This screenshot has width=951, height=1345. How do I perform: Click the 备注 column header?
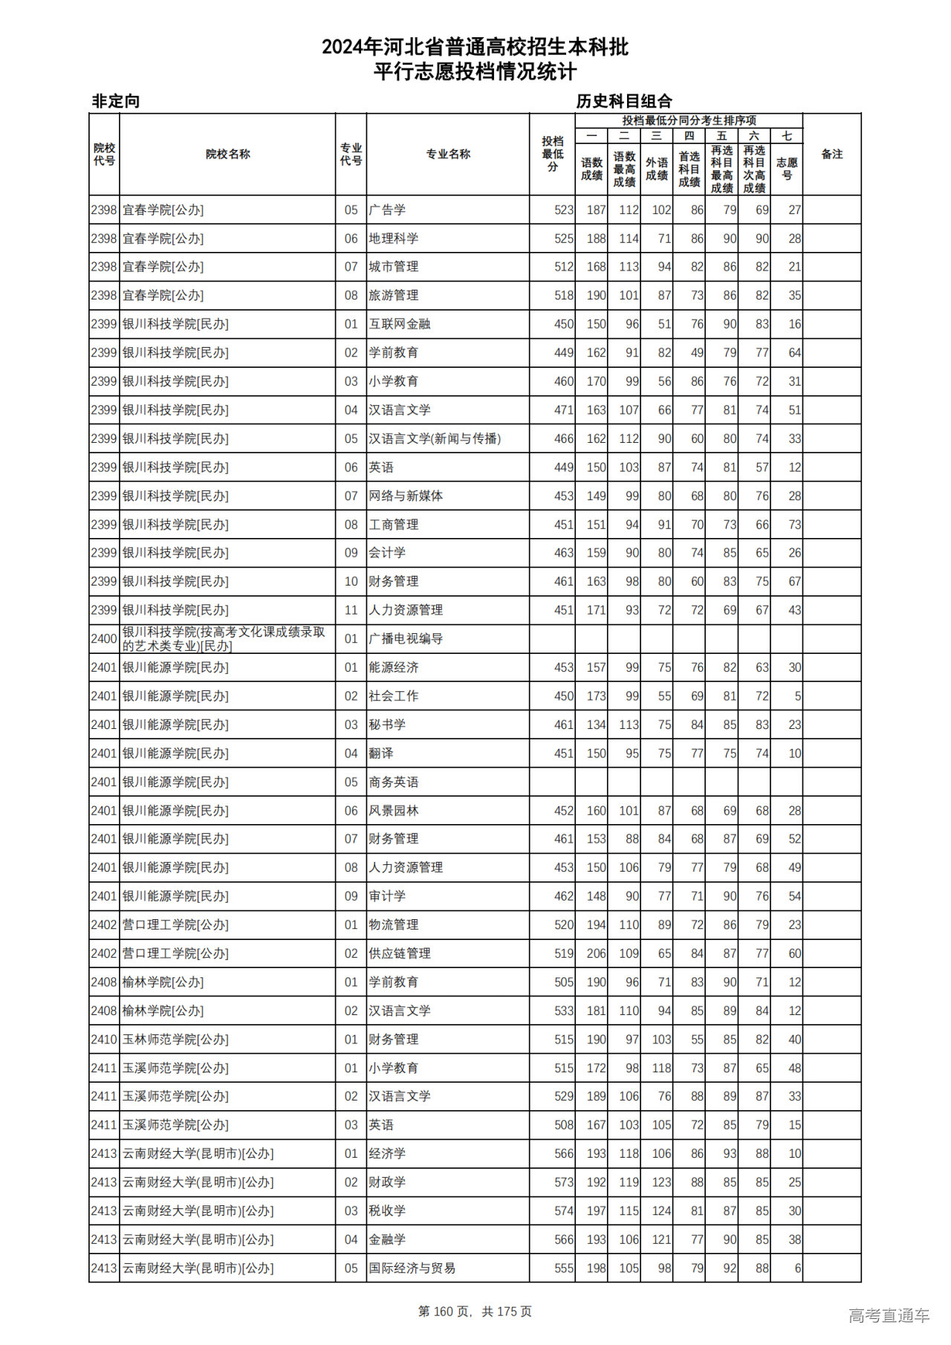click(831, 154)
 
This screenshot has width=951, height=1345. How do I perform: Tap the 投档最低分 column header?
click(552, 154)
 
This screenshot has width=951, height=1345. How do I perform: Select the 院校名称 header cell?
click(227, 154)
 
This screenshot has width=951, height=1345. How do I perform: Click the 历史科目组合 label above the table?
click(624, 101)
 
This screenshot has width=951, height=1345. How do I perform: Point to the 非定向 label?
click(116, 101)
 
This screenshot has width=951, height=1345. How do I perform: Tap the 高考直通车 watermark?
click(889, 1315)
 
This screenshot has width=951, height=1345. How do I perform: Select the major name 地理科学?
click(394, 239)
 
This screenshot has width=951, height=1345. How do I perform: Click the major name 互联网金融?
click(400, 324)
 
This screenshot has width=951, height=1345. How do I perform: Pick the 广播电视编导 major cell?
click(406, 638)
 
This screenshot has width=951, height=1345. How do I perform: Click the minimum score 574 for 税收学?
click(564, 1210)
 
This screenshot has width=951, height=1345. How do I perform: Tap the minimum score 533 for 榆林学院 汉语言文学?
click(564, 1011)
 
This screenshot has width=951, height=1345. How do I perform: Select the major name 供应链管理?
click(400, 953)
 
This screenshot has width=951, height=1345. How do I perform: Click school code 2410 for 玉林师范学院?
click(104, 1040)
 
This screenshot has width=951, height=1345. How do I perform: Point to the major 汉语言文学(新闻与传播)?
click(435, 438)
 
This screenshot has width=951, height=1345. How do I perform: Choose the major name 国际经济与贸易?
click(412, 1268)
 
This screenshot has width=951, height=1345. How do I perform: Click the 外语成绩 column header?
click(656, 169)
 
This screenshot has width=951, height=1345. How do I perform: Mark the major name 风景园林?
click(394, 811)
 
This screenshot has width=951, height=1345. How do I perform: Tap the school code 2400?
click(104, 638)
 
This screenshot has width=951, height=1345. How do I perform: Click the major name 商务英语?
click(394, 782)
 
